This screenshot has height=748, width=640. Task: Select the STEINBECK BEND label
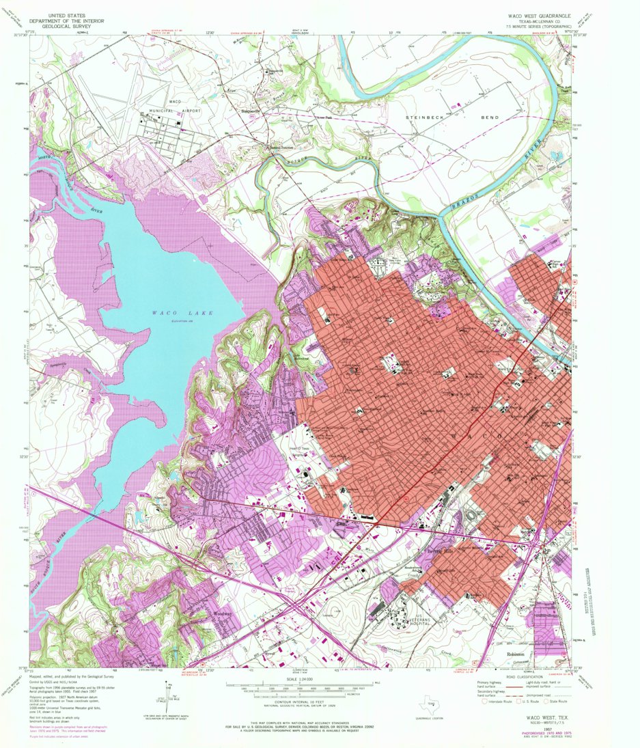click(453, 117)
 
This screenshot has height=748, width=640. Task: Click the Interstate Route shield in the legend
click(484, 700)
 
